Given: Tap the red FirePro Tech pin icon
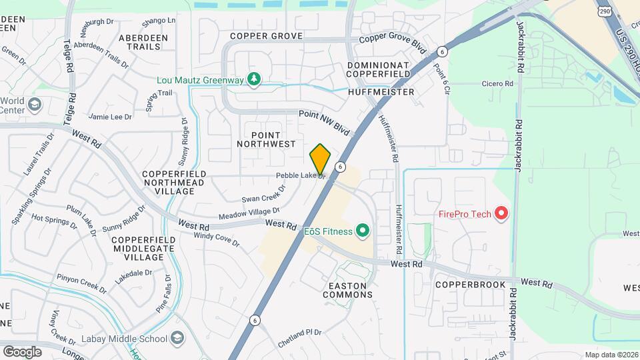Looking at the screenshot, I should click(502, 214).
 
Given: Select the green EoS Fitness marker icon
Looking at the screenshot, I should click(362, 231).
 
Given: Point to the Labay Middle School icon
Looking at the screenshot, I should click(177, 338).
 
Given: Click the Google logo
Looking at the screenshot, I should click(22, 351).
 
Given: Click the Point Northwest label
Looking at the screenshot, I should click(265, 139).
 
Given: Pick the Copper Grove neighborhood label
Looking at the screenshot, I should click(267, 35).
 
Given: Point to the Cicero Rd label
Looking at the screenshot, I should click(499, 84).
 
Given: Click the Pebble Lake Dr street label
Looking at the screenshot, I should click(300, 176).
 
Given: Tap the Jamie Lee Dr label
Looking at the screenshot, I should click(111, 117).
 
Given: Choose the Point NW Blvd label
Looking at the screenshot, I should click(324, 120).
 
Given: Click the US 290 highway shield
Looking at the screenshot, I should click(604, 11).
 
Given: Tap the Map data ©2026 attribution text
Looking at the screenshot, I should click(611, 355).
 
